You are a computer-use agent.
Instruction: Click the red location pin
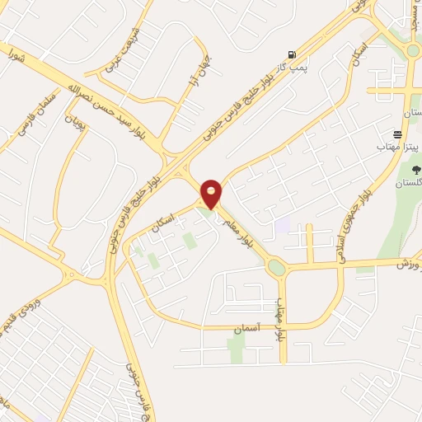[211, 194]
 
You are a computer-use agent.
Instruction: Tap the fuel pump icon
[292, 54]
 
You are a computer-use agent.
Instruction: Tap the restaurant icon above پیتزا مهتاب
[398, 134]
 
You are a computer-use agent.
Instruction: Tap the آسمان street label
[246, 328]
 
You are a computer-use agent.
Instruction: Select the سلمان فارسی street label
[32, 118]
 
